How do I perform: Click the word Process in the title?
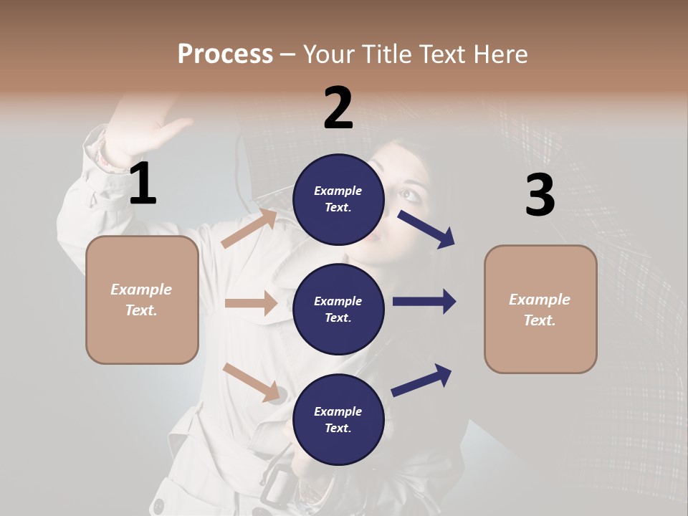[225, 54]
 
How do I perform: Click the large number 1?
[143, 183]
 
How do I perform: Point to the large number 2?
[338, 107]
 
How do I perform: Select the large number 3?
[540, 195]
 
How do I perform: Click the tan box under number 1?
[142, 300]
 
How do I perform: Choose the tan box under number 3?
[540, 309]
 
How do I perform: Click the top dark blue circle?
[338, 199]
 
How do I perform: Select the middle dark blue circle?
[338, 309]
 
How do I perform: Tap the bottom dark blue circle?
[338, 419]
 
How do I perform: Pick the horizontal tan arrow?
[251, 303]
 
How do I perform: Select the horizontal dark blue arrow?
[424, 301]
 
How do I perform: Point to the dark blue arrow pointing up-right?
[422, 380]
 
